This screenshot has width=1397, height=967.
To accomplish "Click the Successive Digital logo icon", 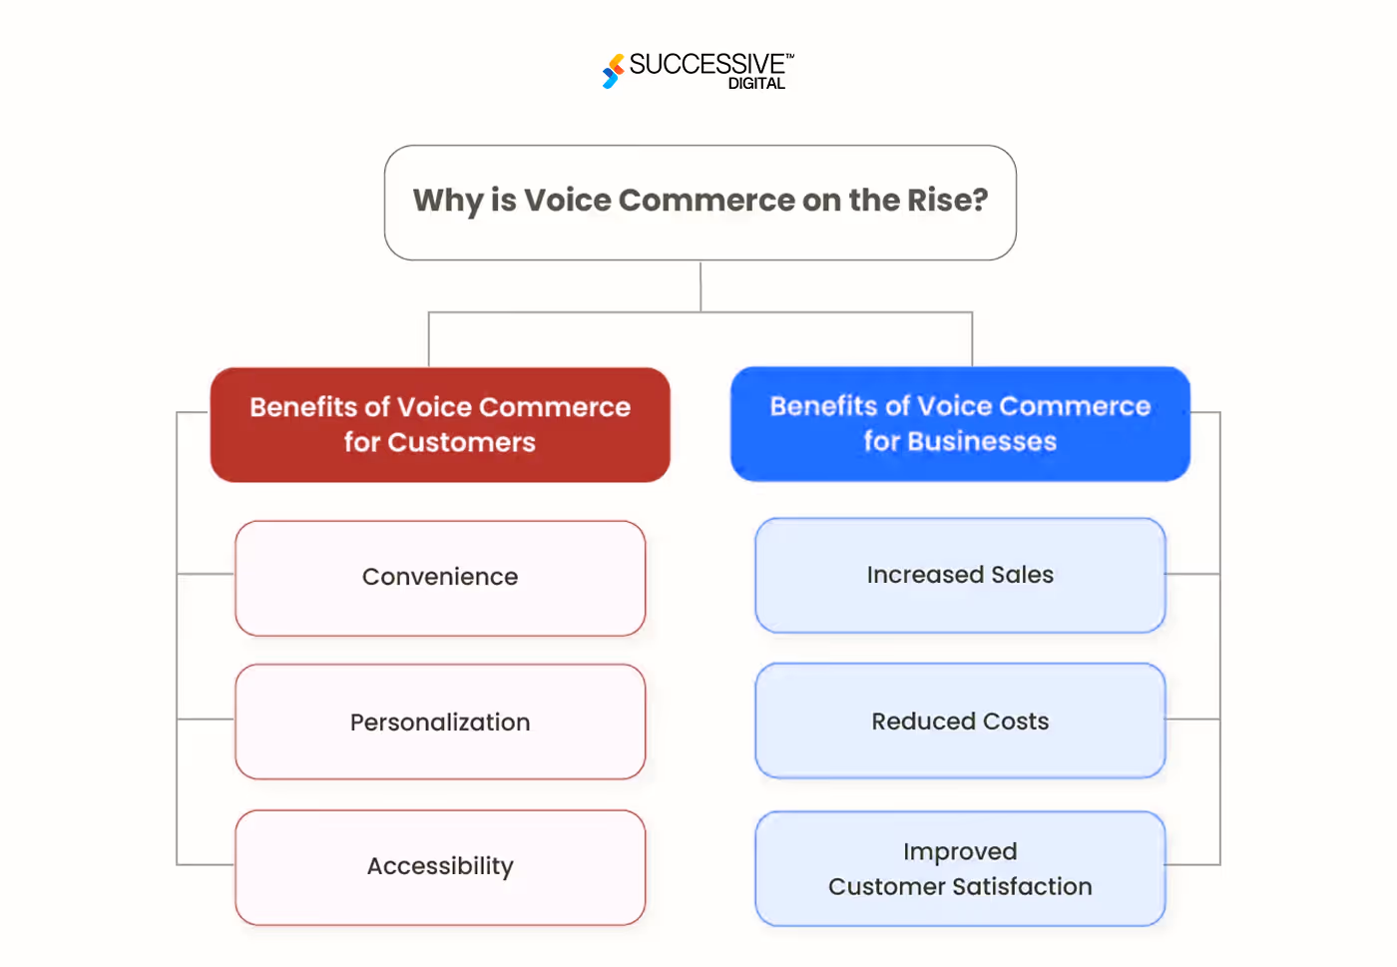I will coord(613,71).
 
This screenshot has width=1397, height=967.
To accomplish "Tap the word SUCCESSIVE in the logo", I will coord(706,65).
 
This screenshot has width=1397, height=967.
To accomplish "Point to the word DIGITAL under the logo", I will coord(756,84).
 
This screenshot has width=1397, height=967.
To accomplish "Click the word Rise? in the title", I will coord(947,201).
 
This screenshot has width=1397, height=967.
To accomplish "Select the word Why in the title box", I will coord(448,201).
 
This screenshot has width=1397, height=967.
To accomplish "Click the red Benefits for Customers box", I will coord(440,425).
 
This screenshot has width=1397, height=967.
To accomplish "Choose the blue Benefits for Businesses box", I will coord(960,424).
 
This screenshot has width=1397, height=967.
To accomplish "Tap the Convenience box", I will coord(440,578).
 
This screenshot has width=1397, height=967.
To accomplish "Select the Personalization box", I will coord(440,722).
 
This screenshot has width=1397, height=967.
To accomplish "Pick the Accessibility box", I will coord(440,866).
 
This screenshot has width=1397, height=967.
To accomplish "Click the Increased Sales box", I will coord(960,575).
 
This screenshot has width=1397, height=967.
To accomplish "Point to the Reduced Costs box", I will coord(960,721).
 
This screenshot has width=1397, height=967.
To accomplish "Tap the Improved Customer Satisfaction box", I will coord(960,868).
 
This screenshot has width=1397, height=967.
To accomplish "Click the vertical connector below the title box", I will coord(700,286).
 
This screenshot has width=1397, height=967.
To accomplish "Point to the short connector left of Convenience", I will coord(206,574).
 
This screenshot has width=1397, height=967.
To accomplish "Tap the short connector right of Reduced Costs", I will coord(1192,719).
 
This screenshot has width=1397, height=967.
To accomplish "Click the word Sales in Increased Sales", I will coord(1022,575).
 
